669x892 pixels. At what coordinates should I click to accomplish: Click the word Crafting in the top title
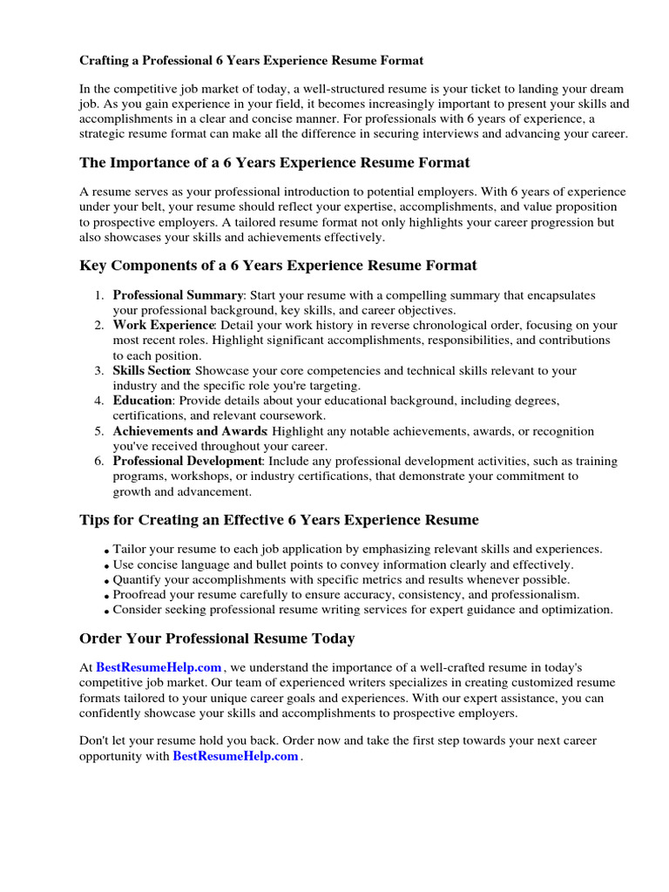point(107,61)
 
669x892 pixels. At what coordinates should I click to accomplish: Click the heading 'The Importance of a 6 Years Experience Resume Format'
point(274,163)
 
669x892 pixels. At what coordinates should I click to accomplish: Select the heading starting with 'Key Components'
point(278,266)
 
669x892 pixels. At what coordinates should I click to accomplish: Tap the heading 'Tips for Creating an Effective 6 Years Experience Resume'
point(279,520)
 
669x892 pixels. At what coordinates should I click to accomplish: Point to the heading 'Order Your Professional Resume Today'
point(217,639)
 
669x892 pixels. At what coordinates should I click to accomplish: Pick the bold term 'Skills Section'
point(152,371)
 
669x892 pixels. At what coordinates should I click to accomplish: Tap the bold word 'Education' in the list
point(143,401)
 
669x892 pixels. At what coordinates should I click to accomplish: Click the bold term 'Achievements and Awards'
point(189,431)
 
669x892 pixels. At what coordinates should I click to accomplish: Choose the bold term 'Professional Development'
point(187,461)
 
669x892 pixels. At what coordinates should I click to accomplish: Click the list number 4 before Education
point(99,401)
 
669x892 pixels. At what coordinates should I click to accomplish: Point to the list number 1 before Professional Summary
point(99,295)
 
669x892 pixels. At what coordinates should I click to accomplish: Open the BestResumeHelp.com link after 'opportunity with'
point(236,756)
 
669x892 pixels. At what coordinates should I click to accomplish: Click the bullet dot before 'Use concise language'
point(106,567)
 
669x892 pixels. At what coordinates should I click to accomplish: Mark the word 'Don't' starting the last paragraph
point(95,740)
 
